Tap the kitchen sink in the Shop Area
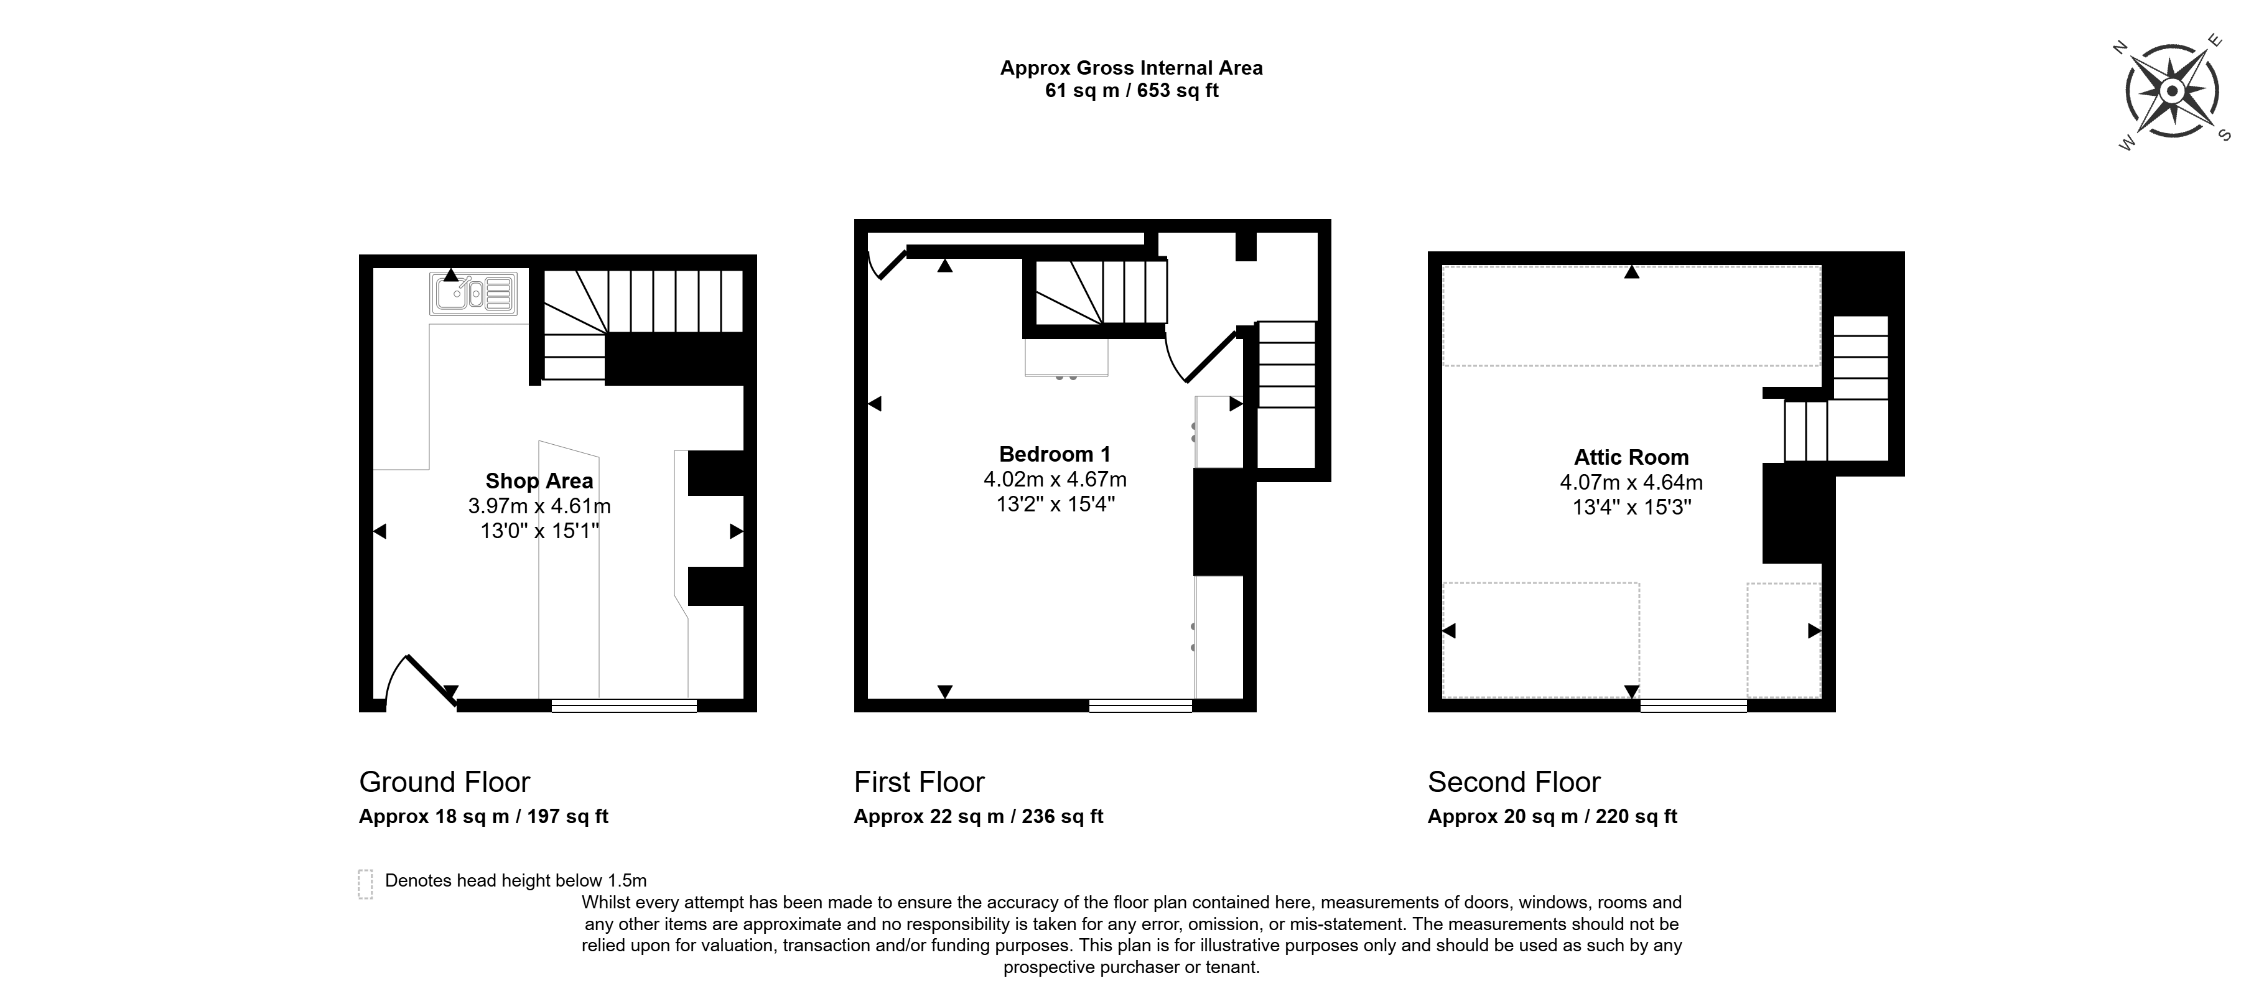coord(473,294)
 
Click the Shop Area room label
coord(539,480)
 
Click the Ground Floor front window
coord(624,705)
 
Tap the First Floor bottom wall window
coord(1141,705)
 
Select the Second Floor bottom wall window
coord(1693,705)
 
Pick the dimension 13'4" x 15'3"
coord(1631,507)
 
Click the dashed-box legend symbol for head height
coord(366,884)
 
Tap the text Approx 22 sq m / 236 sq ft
coord(978,816)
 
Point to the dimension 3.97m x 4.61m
coord(539,506)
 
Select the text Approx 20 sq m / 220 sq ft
coord(1552,816)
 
